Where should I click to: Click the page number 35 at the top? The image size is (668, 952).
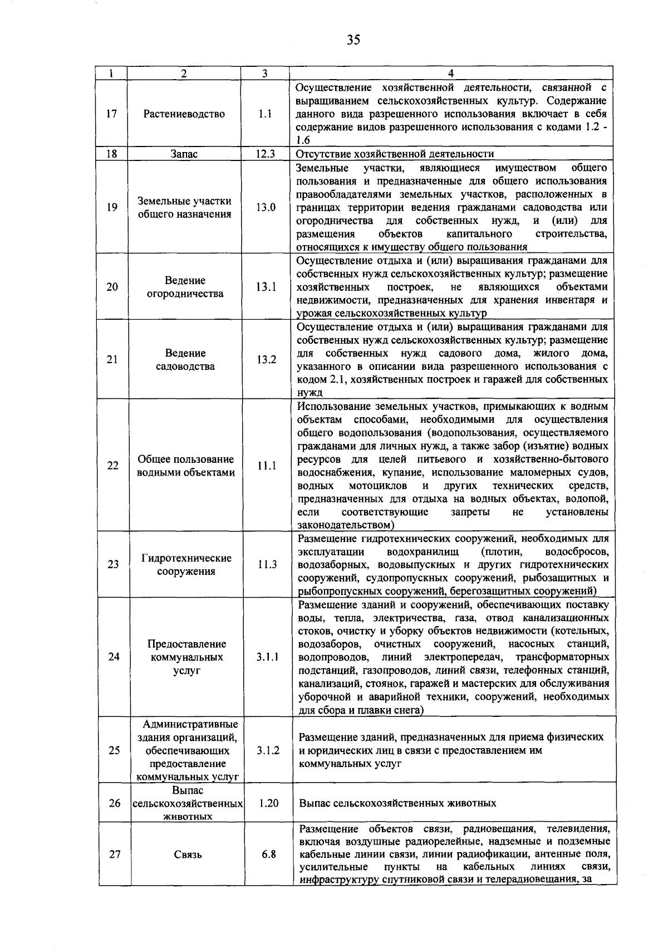tap(353, 40)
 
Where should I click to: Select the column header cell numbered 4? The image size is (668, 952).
tap(451, 74)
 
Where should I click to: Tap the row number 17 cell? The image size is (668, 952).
tap(112, 114)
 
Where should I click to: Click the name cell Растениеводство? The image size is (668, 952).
tap(184, 114)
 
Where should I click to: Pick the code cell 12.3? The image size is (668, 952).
tap(266, 154)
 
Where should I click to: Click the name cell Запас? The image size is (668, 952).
tap(184, 154)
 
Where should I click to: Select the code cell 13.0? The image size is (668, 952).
tap(266, 207)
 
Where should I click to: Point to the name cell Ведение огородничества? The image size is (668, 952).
tap(185, 287)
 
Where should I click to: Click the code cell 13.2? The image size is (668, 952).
tap(266, 359)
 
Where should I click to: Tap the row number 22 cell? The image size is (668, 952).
tap(113, 466)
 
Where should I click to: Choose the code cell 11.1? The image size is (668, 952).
tap(267, 466)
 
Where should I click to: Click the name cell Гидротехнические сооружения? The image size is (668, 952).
tap(186, 564)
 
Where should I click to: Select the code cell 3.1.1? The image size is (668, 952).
tap(268, 657)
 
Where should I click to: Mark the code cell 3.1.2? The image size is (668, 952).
tap(268, 750)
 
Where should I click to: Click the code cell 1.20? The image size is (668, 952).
tap(268, 803)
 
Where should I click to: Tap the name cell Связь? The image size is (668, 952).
tap(188, 855)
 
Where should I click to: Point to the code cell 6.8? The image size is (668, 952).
tap(269, 855)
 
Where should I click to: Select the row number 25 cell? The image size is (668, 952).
tap(114, 750)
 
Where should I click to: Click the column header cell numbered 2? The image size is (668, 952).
tap(184, 74)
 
